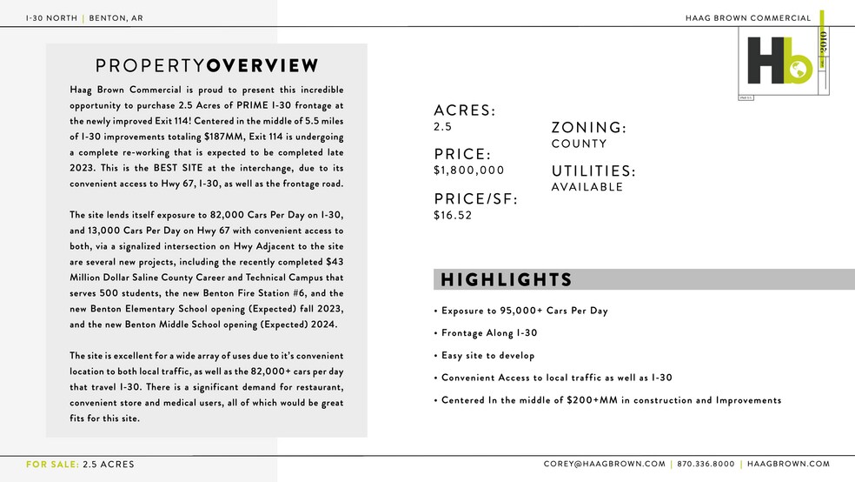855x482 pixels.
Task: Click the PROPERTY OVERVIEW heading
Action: coord(207,65)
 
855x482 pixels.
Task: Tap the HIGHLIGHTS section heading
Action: coord(507,279)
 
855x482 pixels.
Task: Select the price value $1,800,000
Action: coord(468,171)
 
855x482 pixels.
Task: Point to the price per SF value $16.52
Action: coord(453,216)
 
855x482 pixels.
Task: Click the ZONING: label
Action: coord(588,128)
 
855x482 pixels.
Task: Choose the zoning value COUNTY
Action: coord(579,144)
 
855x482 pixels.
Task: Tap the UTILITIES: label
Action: coord(593,171)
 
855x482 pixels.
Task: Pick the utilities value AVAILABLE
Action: coord(587,187)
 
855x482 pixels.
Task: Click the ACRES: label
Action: coord(464,110)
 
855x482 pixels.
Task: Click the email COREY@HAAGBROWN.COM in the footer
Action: coord(605,465)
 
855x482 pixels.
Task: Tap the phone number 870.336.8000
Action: coord(706,465)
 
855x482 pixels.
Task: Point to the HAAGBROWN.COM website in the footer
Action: coord(789,465)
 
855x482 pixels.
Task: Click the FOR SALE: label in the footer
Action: coord(52,465)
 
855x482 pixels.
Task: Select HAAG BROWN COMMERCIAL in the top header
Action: coord(747,17)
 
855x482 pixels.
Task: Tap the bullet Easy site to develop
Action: coord(487,355)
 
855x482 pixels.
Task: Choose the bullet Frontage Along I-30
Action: coord(489,332)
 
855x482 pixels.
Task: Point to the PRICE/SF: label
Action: coord(475,199)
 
